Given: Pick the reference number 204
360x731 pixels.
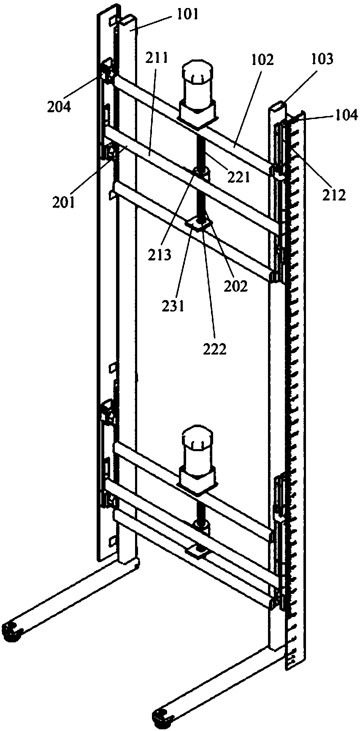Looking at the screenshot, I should click(x=59, y=106).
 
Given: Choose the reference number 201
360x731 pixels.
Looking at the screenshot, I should click(x=63, y=202).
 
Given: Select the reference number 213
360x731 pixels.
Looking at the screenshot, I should click(x=160, y=255).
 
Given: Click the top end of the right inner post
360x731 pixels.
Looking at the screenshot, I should click(x=276, y=106).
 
